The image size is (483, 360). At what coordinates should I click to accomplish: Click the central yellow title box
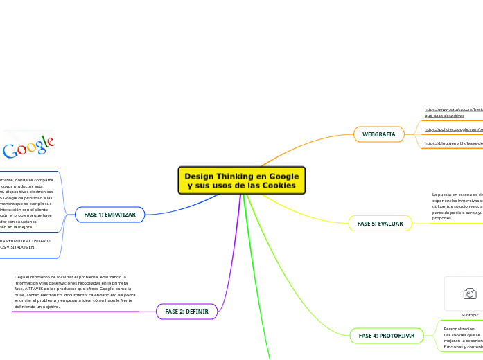coord(241,181)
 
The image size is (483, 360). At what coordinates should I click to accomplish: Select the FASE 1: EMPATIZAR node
coord(109,215)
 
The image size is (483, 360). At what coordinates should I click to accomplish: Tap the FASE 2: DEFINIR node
coord(187,312)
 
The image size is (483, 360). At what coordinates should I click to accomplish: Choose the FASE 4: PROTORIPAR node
coord(386,336)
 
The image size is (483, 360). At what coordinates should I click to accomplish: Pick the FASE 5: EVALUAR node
coord(380,224)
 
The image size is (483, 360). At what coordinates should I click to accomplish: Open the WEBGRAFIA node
coord(378,134)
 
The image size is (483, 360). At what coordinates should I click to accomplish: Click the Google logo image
coord(28,146)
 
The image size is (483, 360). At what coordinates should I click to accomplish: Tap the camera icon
coord(469,294)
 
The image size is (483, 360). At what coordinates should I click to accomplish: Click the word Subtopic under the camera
coord(469,314)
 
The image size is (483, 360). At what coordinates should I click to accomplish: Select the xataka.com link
coord(453,109)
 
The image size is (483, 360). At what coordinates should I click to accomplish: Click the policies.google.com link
coord(453,129)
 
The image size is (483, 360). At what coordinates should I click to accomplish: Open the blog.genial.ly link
coord(453,143)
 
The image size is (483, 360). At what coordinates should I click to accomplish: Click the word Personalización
coord(459,329)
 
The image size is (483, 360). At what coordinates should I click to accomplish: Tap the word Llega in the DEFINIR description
coord(21,277)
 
